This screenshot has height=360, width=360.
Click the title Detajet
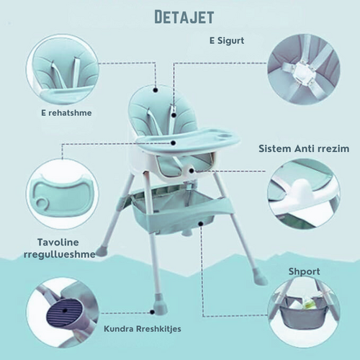184,17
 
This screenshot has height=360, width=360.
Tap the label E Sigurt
227,41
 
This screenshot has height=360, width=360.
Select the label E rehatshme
66,113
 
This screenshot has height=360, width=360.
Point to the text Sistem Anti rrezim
304,148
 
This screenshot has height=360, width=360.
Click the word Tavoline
58,242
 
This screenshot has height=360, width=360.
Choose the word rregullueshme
60,255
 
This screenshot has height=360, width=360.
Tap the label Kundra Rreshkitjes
143,328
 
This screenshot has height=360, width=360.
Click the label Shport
304,271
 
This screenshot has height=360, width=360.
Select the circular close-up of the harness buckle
304,69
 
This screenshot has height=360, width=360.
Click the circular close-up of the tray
63,194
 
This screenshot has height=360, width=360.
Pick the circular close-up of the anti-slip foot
63,312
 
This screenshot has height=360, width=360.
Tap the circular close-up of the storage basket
304,312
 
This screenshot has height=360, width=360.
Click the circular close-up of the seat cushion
63,70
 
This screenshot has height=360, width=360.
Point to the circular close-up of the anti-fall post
304,194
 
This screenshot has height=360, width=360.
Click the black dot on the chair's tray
174,143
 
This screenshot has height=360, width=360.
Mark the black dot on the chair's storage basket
201,224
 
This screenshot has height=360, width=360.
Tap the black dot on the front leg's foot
152,312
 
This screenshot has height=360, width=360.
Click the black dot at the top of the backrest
156,90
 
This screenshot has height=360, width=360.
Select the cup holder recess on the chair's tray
223,136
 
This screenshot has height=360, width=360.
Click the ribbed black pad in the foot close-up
64,311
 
